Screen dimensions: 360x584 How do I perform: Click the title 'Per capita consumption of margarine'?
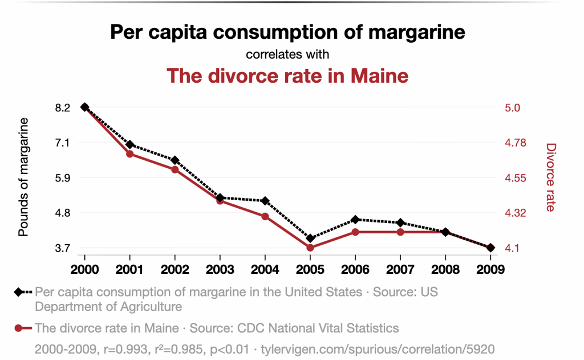tap(287, 32)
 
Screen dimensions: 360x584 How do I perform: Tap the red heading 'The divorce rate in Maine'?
tap(287, 75)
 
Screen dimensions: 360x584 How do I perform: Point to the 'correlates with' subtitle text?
tap(287, 55)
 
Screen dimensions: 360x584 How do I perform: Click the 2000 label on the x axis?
tap(84, 269)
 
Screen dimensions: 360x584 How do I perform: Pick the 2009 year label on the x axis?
tap(490, 269)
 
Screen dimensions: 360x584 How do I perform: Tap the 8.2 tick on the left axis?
tap(63, 108)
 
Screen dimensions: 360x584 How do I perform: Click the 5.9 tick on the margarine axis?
tap(63, 177)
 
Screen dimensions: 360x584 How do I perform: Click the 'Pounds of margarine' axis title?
tap(24, 177)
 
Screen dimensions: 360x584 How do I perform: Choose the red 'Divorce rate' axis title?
tap(550, 177)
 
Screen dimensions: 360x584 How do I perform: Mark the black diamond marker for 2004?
tap(265, 201)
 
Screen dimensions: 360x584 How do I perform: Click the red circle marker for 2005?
tap(310, 248)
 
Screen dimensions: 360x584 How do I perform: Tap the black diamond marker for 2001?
tap(130, 144)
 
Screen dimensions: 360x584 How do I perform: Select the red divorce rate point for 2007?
tap(400, 232)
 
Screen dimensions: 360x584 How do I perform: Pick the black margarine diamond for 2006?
tap(355, 220)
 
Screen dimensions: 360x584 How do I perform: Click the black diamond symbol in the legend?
tap(18, 292)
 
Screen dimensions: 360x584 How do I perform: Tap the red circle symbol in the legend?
tap(18, 328)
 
